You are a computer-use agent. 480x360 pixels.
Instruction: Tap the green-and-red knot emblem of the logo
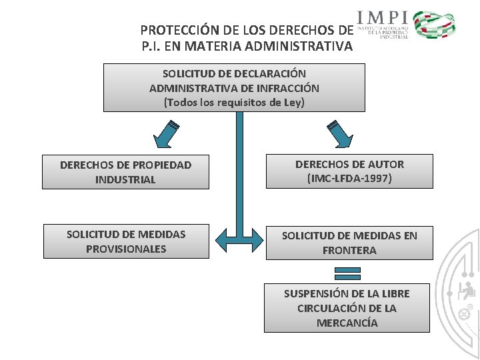click(434, 25)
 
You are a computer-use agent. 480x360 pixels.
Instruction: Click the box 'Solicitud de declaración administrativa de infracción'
click(234, 87)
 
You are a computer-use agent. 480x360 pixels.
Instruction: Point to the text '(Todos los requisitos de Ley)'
click(234, 103)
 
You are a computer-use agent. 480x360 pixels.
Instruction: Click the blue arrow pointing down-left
click(166, 134)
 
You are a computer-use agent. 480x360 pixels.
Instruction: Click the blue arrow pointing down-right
click(338, 134)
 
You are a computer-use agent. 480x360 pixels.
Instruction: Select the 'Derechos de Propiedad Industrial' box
click(125, 172)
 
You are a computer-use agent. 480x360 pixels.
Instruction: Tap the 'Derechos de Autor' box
click(349, 171)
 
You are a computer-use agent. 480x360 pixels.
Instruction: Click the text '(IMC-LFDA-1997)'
click(349, 179)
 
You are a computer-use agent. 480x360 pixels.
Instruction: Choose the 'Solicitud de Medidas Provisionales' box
click(126, 241)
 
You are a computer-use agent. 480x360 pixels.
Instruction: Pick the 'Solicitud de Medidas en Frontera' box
click(349, 243)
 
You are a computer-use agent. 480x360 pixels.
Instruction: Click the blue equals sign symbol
click(347, 273)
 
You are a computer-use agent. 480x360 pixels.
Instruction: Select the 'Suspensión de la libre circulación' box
click(347, 308)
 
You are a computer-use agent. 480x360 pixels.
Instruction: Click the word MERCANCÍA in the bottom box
click(347, 323)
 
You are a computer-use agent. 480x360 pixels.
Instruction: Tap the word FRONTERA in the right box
click(349, 251)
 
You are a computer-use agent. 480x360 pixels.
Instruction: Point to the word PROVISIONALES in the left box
click(126, 249)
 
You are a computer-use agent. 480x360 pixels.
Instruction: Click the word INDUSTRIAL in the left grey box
click(125, 180)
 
